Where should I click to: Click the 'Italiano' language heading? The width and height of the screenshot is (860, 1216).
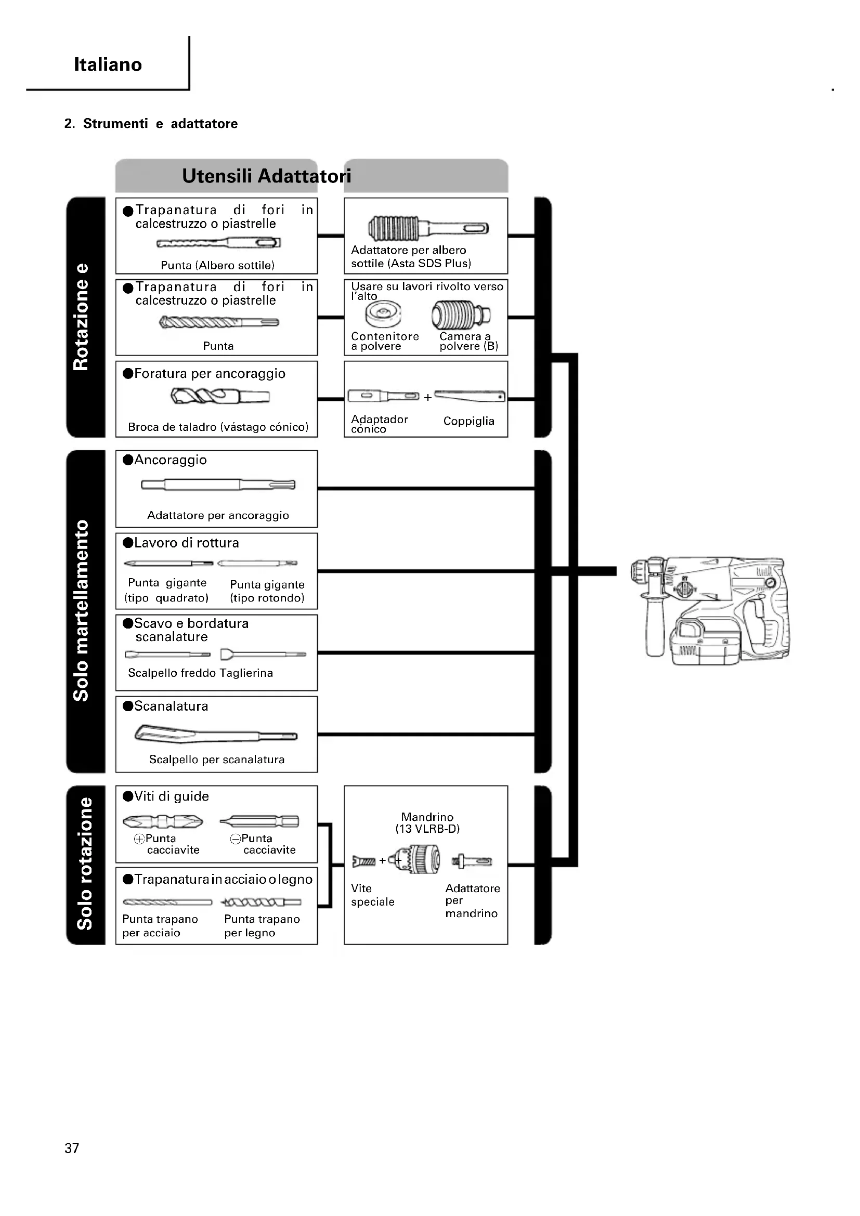coord(108,64)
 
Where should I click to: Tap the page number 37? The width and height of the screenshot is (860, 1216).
coord(71,1148)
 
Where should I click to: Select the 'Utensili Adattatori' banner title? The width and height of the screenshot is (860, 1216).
coord(266,176)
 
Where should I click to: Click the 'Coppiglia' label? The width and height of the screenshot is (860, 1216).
coord(468,421)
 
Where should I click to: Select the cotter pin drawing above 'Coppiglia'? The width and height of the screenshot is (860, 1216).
coord(469,396)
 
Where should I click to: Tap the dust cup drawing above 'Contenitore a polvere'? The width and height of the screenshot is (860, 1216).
coord(383,313)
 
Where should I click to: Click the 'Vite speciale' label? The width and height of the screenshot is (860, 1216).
coord(372,895)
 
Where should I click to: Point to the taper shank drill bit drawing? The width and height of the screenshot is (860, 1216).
coord(220,396)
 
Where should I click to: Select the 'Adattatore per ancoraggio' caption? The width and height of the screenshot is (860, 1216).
coord(218,515)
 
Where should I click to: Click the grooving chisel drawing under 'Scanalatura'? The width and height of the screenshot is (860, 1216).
coord(216,734)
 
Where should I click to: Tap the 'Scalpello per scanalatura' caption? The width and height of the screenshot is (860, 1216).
coord(217,760)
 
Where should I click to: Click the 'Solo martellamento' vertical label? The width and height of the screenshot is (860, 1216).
coord(81,611)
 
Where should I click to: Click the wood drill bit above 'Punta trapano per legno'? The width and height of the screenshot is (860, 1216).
coord(261,902)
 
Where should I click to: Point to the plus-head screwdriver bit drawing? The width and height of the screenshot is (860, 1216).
coord(163,821)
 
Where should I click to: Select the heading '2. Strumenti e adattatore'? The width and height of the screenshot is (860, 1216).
coord(151,123)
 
